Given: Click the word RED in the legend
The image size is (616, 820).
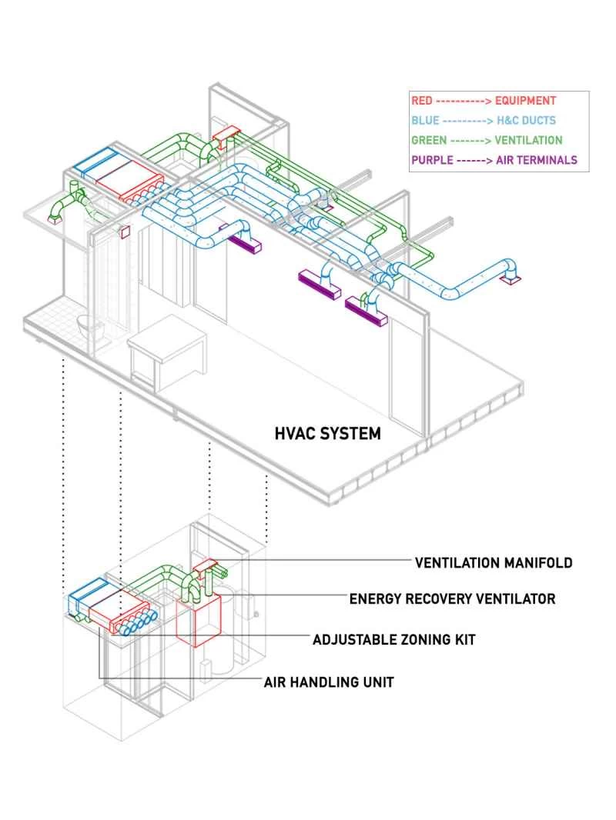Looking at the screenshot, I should click(422, 101).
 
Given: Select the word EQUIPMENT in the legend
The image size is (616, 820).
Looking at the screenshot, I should click(525, 101).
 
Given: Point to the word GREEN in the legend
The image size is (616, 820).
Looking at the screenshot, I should click(428, 141).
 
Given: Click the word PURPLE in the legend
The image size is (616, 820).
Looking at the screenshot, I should click(432, 161).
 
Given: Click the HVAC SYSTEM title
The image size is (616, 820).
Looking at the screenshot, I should click(328, 434).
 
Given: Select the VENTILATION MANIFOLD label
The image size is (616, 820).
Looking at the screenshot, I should click(494, 562).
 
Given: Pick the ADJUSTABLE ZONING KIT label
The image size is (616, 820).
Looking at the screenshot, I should click(393, 639).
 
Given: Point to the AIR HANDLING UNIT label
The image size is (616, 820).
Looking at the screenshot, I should click(329, 682).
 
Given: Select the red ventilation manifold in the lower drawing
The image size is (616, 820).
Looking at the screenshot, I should click(206, 568).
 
